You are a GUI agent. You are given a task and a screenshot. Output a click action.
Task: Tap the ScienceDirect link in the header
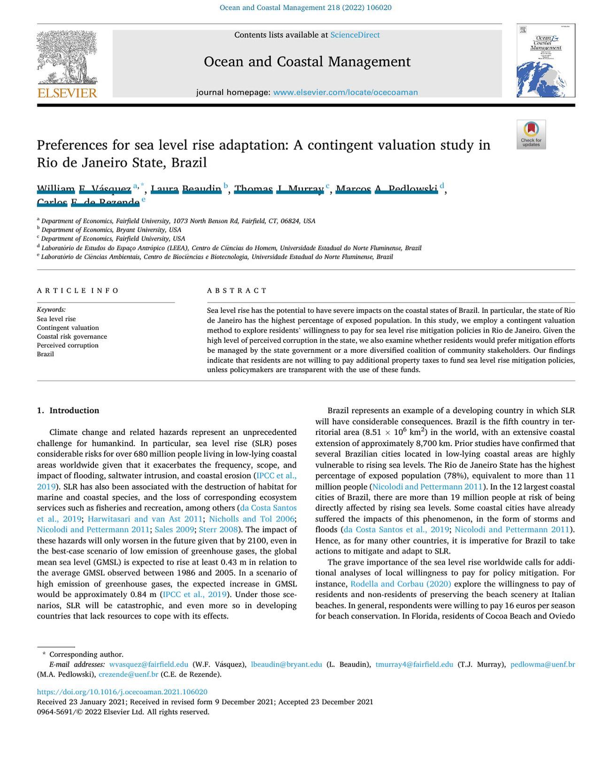tap(355, 35)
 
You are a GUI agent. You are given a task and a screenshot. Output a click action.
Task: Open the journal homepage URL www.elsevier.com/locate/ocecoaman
tap(345, 93)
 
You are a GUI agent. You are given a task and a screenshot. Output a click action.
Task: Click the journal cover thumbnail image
tap(546, 61)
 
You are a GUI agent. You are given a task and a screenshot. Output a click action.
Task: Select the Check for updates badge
tap(531, 134)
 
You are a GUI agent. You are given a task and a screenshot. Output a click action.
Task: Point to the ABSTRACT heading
tap(237, 290)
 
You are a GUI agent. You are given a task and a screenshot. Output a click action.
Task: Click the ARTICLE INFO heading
tap(78, 290)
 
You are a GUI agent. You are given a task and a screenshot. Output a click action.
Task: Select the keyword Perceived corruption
tap(68, 345)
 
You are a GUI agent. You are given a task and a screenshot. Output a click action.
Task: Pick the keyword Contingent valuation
tap(68, 327)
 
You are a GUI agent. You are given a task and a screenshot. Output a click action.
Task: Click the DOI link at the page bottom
tap(122, 692)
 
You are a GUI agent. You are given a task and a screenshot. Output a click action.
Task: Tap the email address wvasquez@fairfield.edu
tap(148, 664)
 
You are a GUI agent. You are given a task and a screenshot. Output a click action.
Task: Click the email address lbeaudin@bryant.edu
tap(286, 664)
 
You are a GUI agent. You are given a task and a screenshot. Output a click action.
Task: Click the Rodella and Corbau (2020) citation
tap(401, 584)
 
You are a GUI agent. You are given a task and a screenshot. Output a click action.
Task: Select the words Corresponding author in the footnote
tap(86, 654)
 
